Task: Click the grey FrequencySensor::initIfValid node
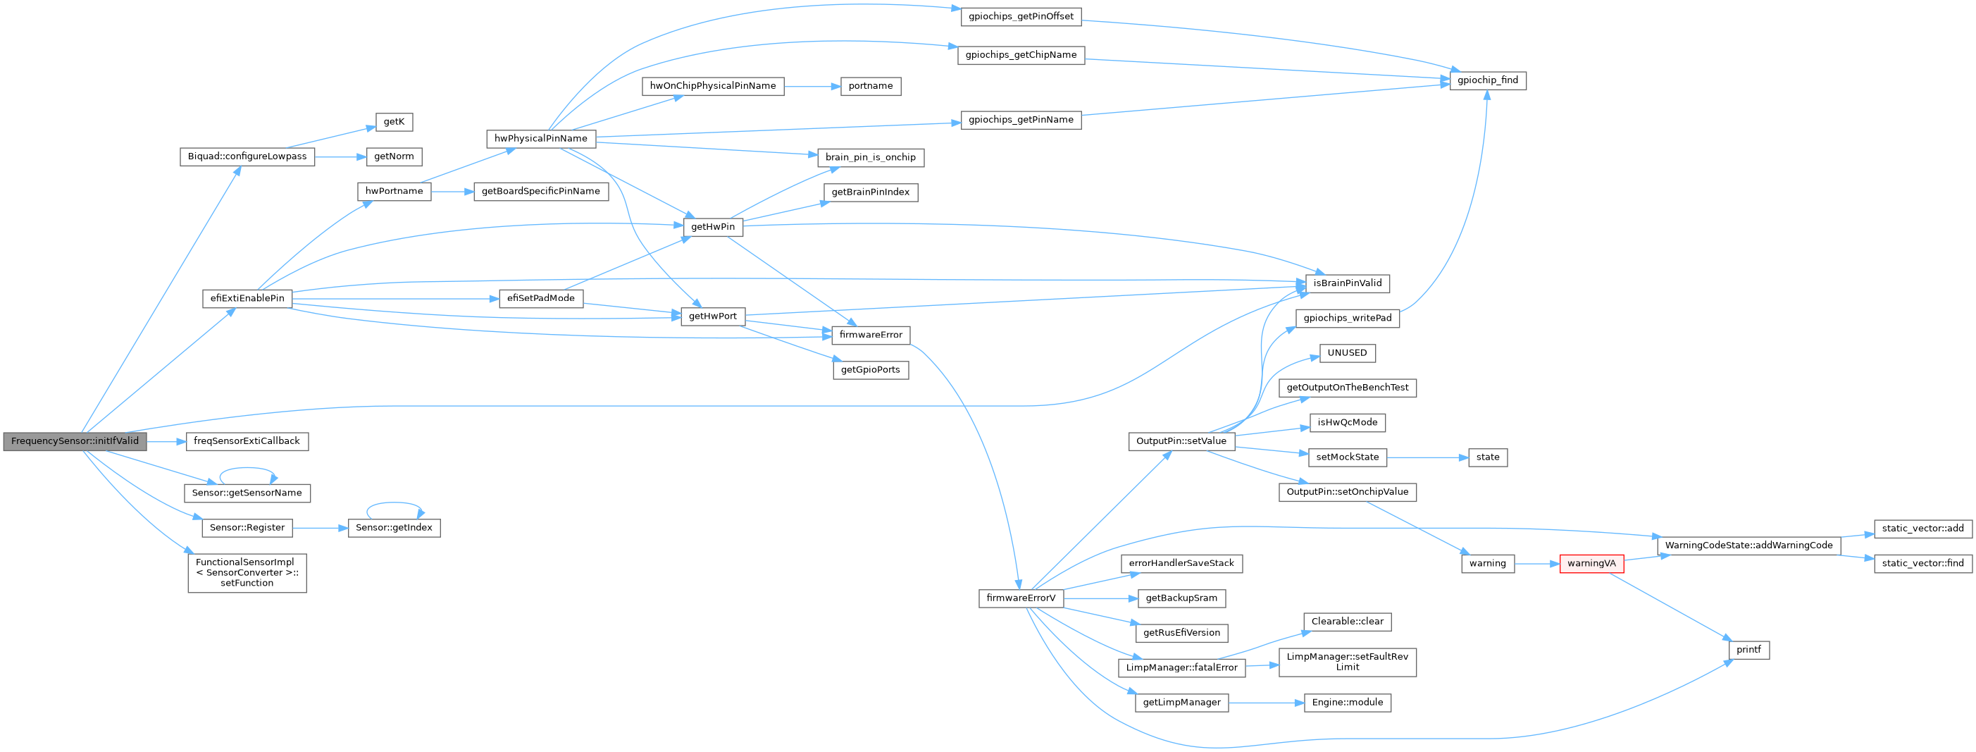click(75, 441)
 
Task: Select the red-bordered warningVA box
click(1591, 563)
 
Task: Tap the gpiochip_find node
click(1487, 80)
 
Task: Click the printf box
click(1748, 650)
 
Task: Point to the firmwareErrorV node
click(1020, 598)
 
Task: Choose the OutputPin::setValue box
click(1181, 441)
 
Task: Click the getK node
click(394, 122)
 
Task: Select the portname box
click(870, 86)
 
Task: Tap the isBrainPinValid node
click(1347, 283)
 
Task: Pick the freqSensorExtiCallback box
click(247, 441)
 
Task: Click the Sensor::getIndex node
click(394, 528)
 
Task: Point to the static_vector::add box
click(1922, 529)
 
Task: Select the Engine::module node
click(1347, 703)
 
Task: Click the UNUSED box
click(1347, 353)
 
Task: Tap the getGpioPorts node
click(870, 370)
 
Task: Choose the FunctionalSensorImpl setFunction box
click(247, 572)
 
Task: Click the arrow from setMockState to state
click(1427, 457)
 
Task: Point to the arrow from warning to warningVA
click(1537, 563)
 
